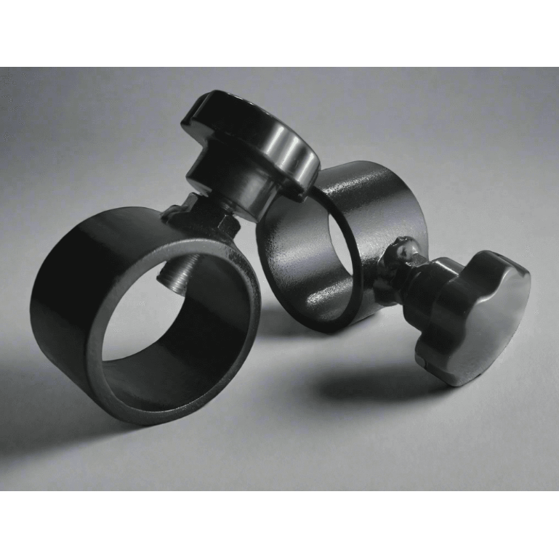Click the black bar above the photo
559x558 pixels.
click(x=279, y=33)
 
